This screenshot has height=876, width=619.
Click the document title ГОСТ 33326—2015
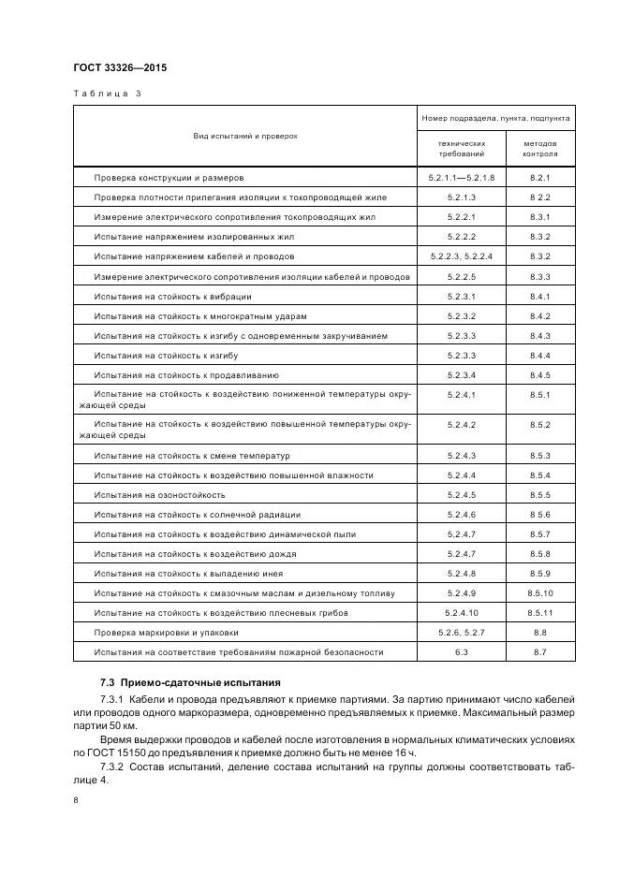[119, 67]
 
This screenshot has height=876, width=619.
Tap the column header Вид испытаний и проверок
[245, 136]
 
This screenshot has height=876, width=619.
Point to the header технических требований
[462, 148]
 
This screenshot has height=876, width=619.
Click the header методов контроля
[539, 148]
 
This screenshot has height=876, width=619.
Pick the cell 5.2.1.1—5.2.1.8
[462, 177]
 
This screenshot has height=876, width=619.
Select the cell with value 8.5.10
[539, 592]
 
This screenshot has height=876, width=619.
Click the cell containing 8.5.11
[539, 612]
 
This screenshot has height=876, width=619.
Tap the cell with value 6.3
[462, 651]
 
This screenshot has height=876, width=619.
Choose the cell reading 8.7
[539, 651]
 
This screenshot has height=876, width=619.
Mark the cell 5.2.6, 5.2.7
[462, 632]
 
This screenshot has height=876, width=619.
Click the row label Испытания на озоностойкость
[159, 494]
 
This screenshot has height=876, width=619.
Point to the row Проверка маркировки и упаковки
[166, 632]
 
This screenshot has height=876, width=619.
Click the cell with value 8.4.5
[539, 374]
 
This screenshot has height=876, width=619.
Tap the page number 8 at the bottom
[76, 800]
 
